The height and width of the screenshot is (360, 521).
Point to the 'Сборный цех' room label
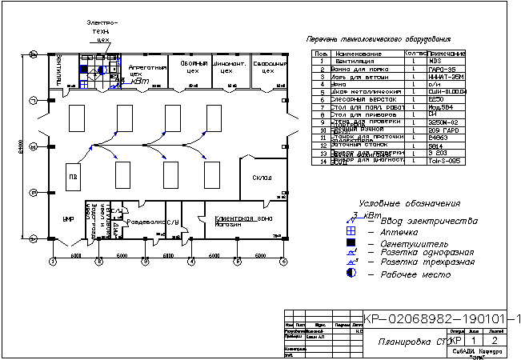tap(193, 66)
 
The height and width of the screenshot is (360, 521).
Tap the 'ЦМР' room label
tap(68, 218)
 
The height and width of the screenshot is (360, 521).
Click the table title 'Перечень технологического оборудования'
tap(379, 39)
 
